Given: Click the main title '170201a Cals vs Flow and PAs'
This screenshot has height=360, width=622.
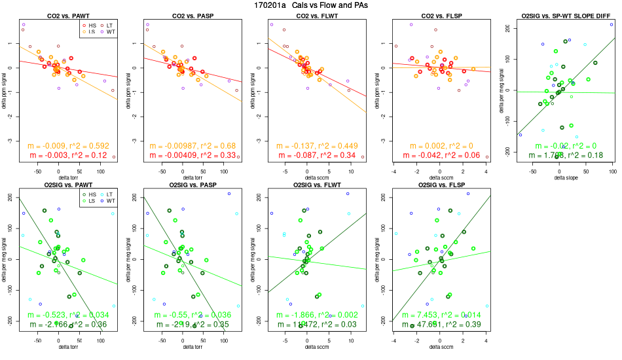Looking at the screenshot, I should point(311,5).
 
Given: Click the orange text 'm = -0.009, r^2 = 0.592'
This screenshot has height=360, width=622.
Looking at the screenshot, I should point(64,145).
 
